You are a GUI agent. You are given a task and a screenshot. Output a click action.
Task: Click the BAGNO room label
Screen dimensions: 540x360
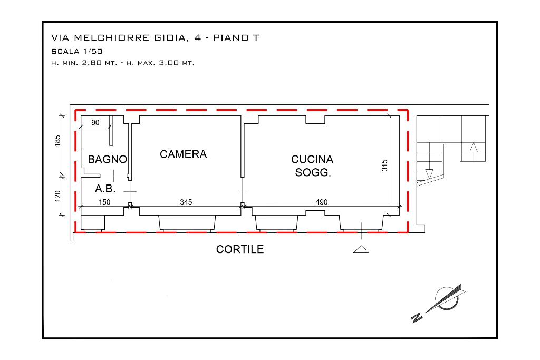point(107,159)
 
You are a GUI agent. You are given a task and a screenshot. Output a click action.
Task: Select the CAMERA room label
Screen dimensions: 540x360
point(184,154)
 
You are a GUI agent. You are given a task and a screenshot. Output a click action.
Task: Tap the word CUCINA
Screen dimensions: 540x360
point(312,159)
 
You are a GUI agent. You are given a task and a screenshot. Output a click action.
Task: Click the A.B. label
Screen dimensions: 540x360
point(105,189)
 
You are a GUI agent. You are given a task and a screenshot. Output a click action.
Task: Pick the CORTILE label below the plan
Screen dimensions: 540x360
point(240,250)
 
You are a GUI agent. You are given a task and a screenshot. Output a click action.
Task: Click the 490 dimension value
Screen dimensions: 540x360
point(322,202)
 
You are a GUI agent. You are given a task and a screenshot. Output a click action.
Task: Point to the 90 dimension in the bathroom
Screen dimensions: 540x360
point(95,122)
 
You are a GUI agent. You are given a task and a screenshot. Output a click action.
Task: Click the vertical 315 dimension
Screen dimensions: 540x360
point(384,165)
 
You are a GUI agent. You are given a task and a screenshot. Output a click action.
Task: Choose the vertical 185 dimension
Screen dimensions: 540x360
point(58,142)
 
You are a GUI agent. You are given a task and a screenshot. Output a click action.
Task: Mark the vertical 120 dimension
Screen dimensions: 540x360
point(58,196)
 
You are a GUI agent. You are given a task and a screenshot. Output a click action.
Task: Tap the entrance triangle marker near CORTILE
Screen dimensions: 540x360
point(361,249)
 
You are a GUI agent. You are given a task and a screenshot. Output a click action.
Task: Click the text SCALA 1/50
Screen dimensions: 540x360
point(76,52)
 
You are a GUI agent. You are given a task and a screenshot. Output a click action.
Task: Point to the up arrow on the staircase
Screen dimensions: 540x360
point(474,148)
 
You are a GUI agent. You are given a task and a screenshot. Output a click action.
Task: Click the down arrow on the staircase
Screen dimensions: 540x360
point(429,173)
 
